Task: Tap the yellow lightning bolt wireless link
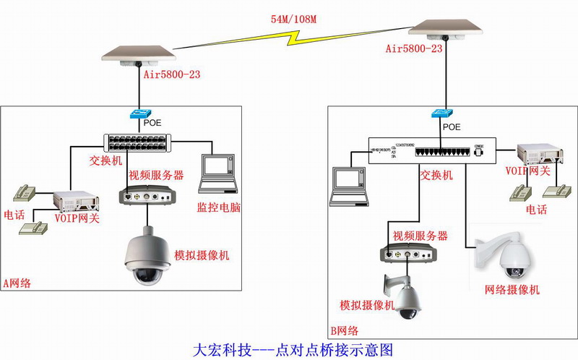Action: coord(292,40)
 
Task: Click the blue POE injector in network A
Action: coord(138,114)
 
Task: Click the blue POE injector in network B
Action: coord(440,114)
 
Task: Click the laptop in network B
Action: coord(348,185)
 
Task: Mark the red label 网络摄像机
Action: coord(512,290)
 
